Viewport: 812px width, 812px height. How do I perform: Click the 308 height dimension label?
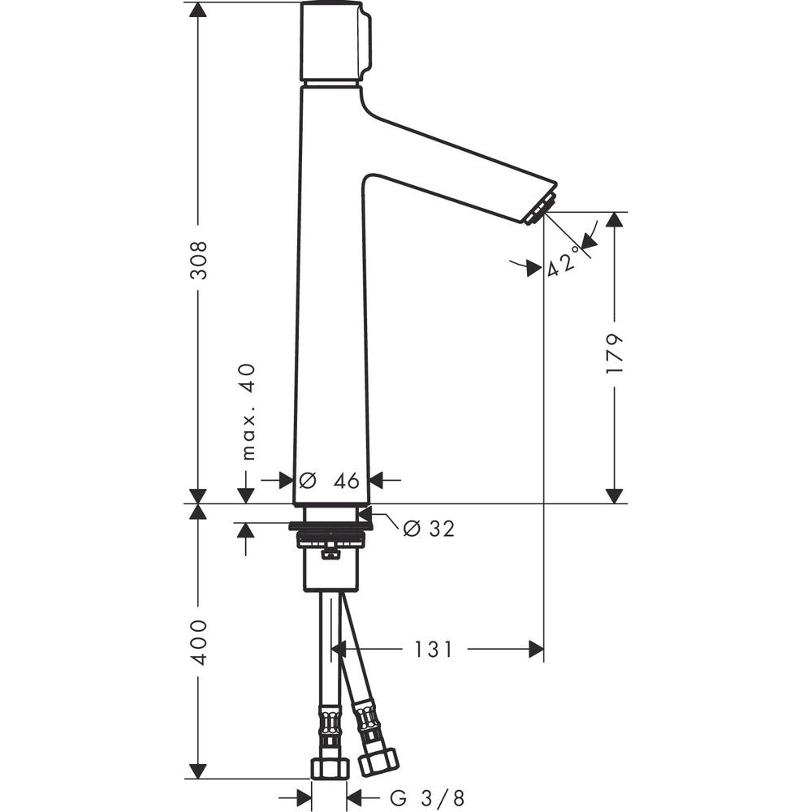click(x=198, y=260)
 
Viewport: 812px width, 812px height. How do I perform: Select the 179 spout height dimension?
click(x=614, y=354)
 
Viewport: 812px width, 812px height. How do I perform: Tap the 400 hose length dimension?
click(x=198, y=642)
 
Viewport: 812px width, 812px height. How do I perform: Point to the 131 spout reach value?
click(x=434, y=650)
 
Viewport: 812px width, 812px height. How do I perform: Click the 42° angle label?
click(x=561, y=261)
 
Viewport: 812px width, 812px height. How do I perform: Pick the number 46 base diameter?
click(x=347, y=481)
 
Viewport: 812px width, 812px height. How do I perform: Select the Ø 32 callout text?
click(x=430, y=529)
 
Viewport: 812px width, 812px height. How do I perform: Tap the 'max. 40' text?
click(x=249, y=412)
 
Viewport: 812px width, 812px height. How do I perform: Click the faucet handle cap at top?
click(x=335, y=41)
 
